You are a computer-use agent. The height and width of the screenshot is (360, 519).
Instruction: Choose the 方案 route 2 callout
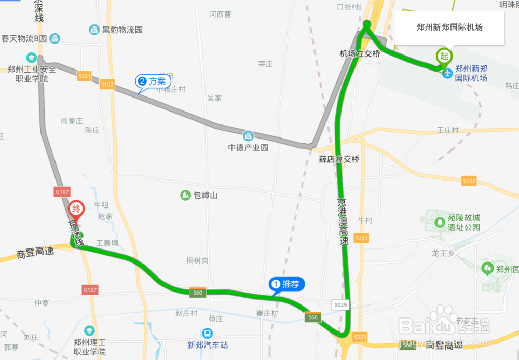tap(153, 81)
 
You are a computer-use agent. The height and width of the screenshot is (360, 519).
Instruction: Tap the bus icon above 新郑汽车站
tap(207, 334)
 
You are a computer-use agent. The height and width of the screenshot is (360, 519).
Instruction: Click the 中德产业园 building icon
tap(249, 136)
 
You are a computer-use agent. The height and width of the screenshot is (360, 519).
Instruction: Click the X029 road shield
tap(340, 305)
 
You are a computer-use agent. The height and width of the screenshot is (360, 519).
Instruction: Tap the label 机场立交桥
tap(360, 54)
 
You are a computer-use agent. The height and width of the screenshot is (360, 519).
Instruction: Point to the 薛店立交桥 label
tap(339, 159)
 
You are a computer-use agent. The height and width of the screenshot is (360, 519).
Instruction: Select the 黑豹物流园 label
tap(122, 30)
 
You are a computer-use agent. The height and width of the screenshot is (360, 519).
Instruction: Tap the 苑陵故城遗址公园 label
tap(464, 222)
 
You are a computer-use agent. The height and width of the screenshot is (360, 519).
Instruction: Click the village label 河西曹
tap(220, 15)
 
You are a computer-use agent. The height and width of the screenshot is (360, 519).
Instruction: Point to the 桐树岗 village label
tap(197, 261)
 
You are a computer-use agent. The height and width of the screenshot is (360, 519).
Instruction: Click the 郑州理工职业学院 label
tap(90, 347)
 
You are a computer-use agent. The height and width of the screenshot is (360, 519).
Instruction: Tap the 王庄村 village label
tap(448, 130)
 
